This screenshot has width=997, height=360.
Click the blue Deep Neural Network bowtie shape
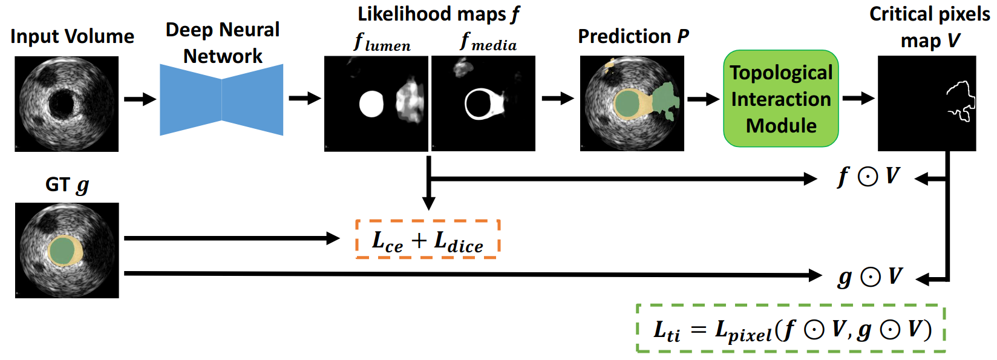point(221,100)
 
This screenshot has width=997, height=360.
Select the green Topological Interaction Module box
point(780,99)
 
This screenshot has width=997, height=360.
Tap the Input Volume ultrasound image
point(67,103)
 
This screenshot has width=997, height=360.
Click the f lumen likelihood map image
point(376,103)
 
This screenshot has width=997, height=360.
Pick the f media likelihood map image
point(483,103)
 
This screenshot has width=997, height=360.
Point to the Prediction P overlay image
point(632,103)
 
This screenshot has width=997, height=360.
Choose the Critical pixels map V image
point(927,103)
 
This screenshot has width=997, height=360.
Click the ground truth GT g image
point(67,250)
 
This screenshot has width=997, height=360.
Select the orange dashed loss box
point(428,240)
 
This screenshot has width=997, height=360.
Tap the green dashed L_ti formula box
point(791,329)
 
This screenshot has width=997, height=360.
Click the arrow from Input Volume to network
point(140,99)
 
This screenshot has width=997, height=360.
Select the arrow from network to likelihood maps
point(304,99)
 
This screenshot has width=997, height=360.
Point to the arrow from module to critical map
point(858,98)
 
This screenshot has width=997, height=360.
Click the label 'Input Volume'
point(72,36)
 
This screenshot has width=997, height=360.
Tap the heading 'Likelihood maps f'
point(439,14)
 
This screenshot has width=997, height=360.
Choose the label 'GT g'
point(67,184)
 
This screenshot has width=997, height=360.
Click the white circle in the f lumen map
point(371,104)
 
